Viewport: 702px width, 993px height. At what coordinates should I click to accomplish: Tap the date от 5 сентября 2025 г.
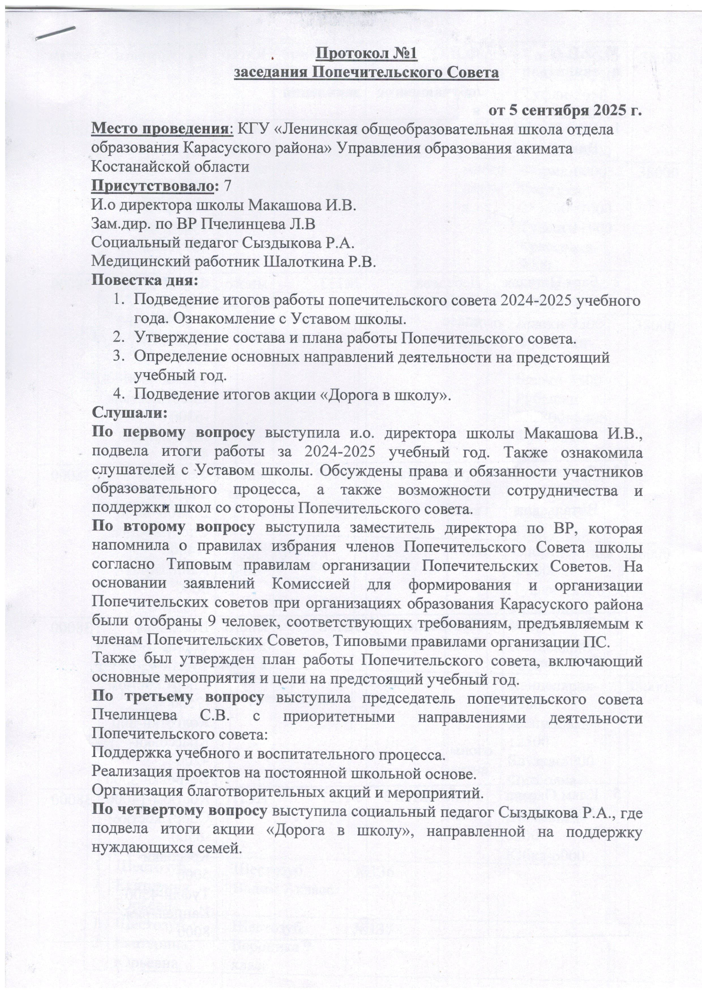click(564, 111)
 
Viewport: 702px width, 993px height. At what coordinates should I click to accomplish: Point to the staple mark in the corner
click(56, 33)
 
